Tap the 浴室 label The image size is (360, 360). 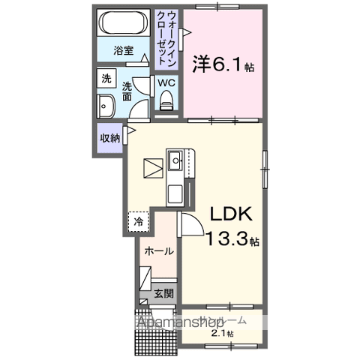pyautogui.click(x=123, y=52)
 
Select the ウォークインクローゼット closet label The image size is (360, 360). pyautogui.click(x=169, y=39)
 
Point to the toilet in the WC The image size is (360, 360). pyautogui.click(x=166, y=99)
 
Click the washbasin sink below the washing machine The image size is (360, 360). pyautogui.click(x=106, y=106)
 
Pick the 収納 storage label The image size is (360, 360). pyautogui.click(x=110, y=138)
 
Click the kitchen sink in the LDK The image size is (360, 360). pyautogui.click(x=175, y=160)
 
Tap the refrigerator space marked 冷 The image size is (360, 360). pyautogui.click(x=139, y=221)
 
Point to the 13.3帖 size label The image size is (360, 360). pyautogui.click(x=233, y=241)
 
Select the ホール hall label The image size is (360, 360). pyautogui.click(x=159, y=250)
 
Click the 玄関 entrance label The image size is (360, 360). pyautogui.click(x=164, y=295)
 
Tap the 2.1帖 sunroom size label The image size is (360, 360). pyautogui.click(x=222, y=333)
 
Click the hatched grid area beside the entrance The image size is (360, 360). pyautogui.click(x=154, y=334)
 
